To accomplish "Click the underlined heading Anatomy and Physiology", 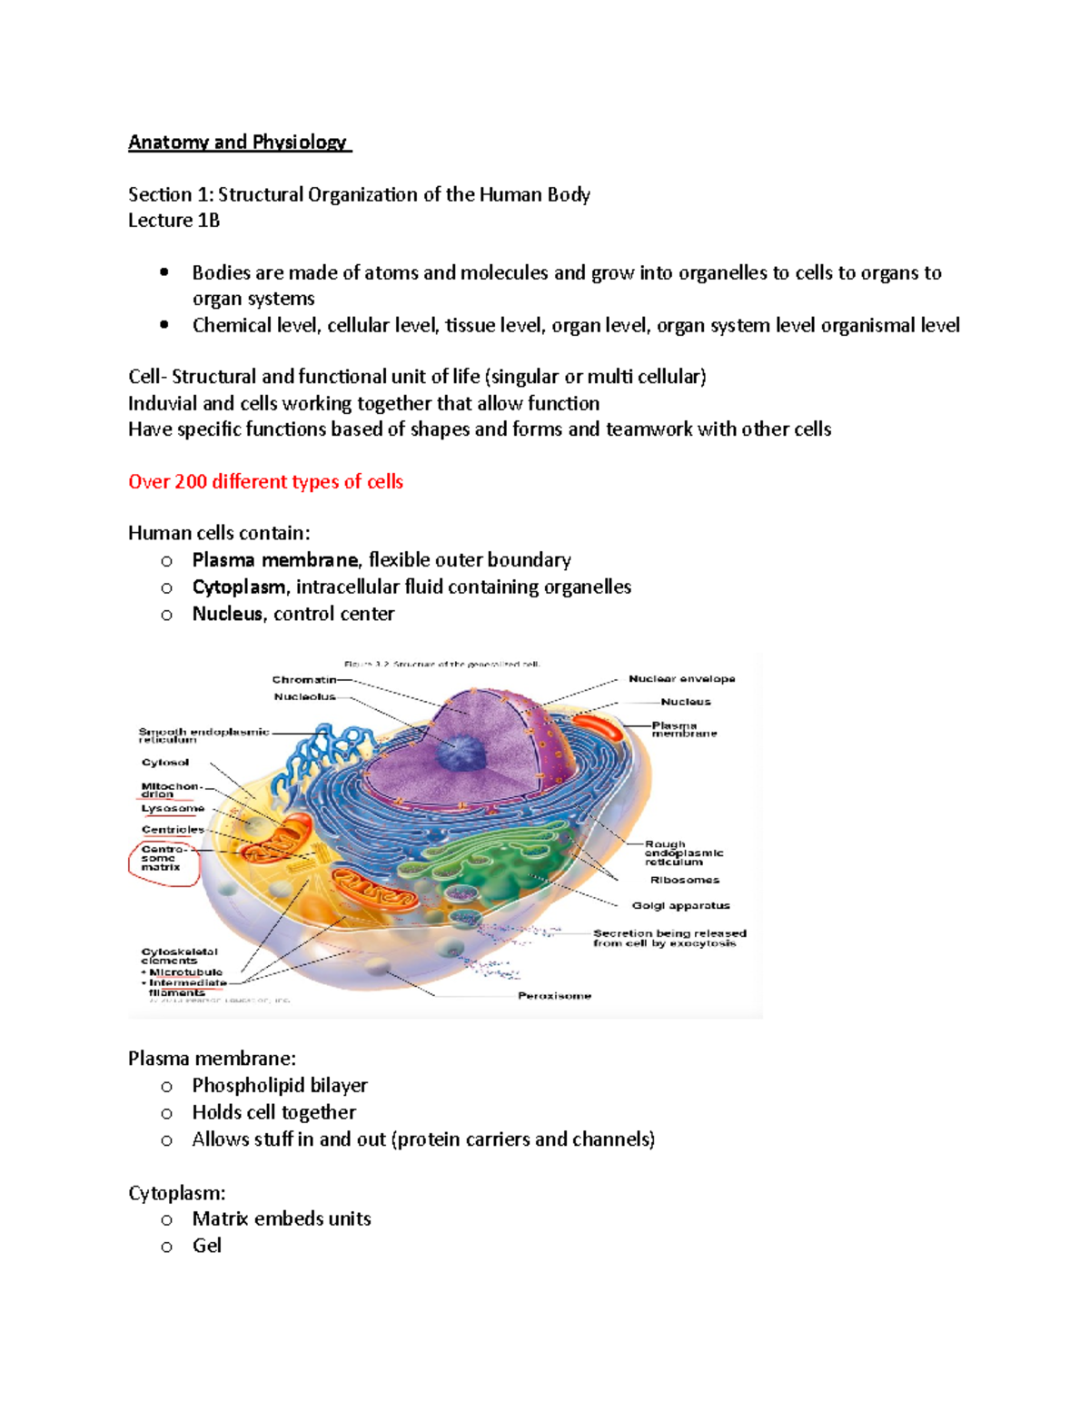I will pyautogui.click(x=238, y=143).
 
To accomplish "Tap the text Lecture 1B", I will pyautogui.click(x=173, y=221).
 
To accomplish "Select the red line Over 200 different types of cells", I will pyautogui.click(x=265, y=482).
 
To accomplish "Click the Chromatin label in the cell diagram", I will pyautogui.click(x=304, y=679).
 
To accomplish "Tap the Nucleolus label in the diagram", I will pyautogui.click(x=305, y=697).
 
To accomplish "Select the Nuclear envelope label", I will pyautogui.click(x=681, y=679).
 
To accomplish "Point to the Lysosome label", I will pyautogui.click(x=173, y=808).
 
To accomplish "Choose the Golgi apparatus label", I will pyautogui.click(x=680, y=905).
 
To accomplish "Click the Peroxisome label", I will pyautogui.click(x=554, y=996).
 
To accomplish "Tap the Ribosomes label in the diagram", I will pyautogui.click(x=684, y=880).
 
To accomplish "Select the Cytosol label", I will pyautogui.click(x=165, y=763).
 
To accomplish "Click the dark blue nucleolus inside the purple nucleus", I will pyautogui.click(x=462, y=753).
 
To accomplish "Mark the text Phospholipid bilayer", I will pyautogui.click(x=280, y=1086).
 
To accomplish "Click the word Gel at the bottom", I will pyautogui.click(x=206, y=1246).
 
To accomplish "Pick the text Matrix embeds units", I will pyautogui.click(x=282, y=1219).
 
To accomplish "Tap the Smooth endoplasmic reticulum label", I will pyautogui.click(x=203, y=735).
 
